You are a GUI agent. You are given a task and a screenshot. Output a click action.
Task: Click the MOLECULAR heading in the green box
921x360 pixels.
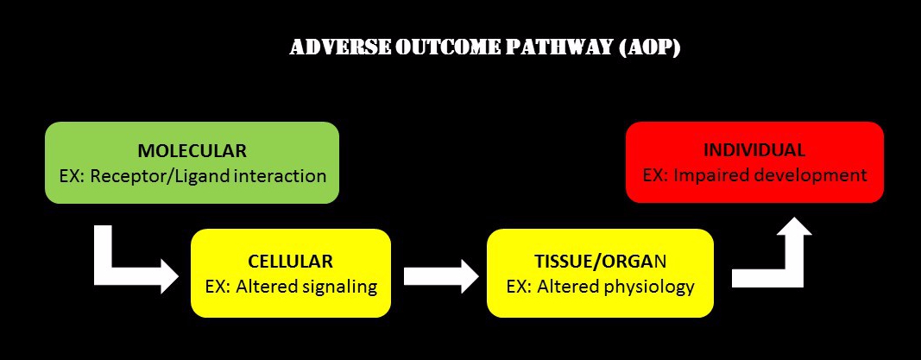click(192, 150)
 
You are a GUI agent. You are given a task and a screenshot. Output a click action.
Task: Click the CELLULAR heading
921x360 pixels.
click(290, 261)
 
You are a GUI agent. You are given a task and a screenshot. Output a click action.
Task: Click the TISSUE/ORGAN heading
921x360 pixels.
click(600, 261)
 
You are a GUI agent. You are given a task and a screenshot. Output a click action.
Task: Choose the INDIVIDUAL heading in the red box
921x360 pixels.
click(754, 149)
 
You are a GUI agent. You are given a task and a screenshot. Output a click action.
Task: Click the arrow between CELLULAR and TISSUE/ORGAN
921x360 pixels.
click(441, 275)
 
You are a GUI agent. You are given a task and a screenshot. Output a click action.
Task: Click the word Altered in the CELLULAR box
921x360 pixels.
click(265, 287)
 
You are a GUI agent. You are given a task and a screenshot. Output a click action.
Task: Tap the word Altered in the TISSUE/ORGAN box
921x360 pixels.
click(565, 287)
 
